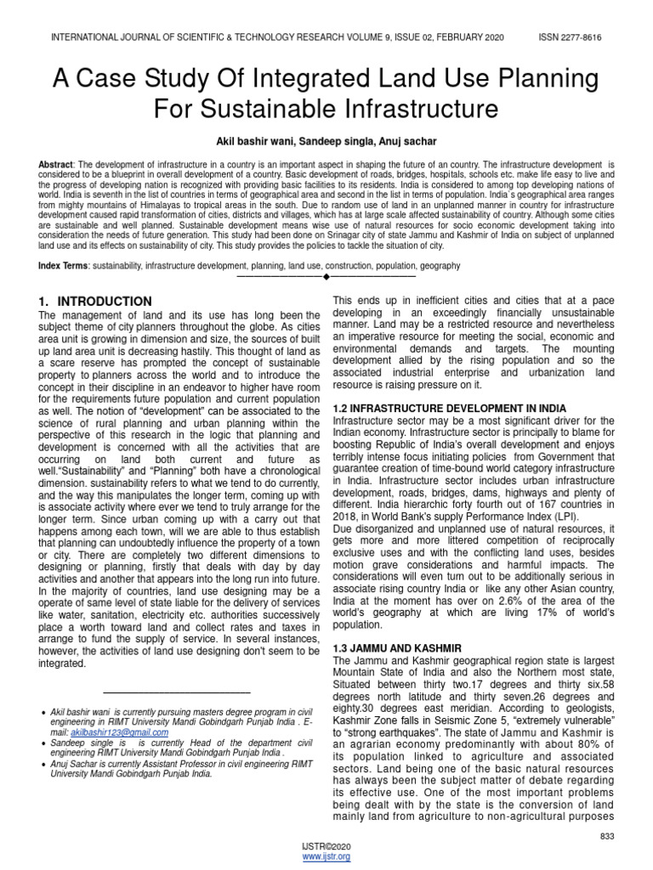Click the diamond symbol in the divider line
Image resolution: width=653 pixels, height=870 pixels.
pyautogui.click(x=326, y=277)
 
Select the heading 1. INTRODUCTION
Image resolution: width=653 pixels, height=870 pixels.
pyautogui.click(x=96, y=302)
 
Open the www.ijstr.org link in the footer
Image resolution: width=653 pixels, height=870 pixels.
pyautogui.click(x=326, y=857)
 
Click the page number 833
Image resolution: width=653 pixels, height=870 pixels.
pyautogui.click(x=606, y=837)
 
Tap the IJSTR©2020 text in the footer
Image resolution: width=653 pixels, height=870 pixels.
pyautogui.click(x=326, y=847)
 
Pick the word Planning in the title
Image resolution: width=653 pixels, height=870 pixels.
pyautogui.click(x=544, y=80)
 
